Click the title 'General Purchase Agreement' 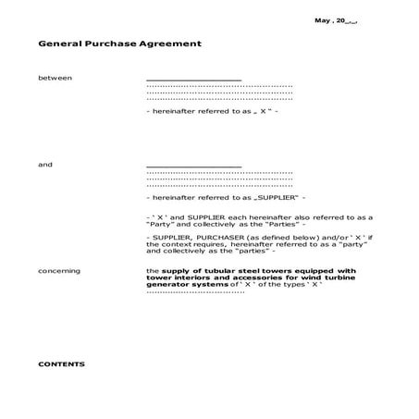click(x=119, y=43)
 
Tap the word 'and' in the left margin click(x=45, y=165)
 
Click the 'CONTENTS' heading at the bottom click(x=61, y=364)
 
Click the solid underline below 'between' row click(x=194, y=80)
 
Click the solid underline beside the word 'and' click(x=194, y=166)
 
